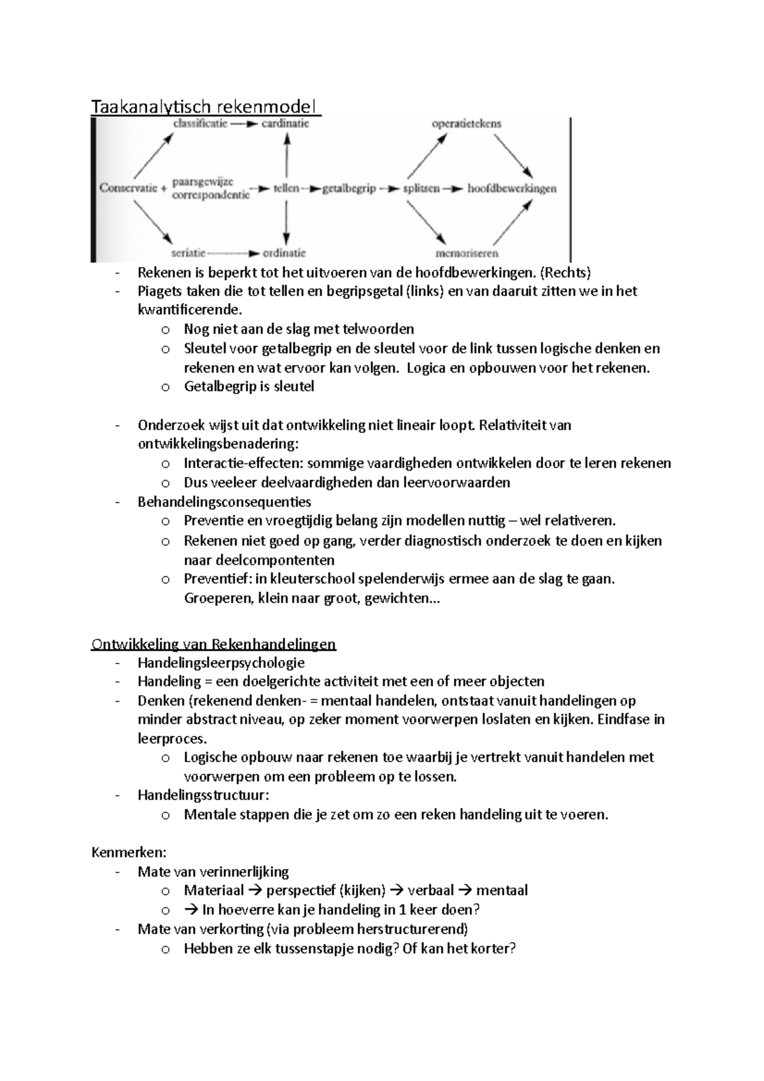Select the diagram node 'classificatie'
tap(200, 124)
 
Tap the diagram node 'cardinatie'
tap(285, 124)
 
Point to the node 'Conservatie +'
tap(132, 188)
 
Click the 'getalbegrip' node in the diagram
tap(349, 188)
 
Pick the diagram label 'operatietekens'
tap(467, 124)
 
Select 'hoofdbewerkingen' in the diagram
tap(512, 188)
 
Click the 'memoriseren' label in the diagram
tap(467, 253)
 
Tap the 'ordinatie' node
tap(284, 253)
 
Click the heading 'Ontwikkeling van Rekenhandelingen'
tap(214, 644)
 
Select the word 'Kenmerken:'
tap(129, 852)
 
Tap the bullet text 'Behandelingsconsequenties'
tap(224, 502)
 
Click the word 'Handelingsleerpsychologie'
tap(221, 663)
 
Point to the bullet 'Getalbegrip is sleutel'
tap(249, 386)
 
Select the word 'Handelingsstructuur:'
tap(203, 795)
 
